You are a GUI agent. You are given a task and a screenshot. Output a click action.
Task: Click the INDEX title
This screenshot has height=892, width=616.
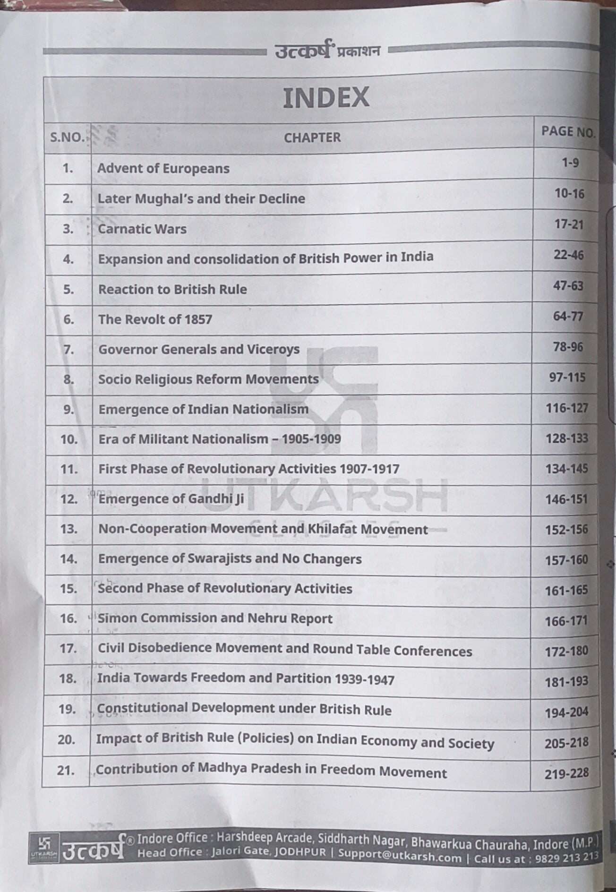pyautogui.click(x=325, y=98)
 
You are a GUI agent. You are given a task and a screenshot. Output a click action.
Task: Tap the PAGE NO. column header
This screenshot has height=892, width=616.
pyautogui.click(x=568, y=132)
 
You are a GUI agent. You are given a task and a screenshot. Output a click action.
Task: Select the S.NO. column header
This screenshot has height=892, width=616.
pyautogui.click(x=68, y=137)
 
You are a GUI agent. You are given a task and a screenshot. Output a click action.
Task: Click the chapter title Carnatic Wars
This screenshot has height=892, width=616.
pyautogui.click(x=142, y=229)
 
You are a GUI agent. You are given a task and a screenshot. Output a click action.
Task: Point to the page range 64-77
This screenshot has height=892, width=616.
pyautogui.click(x=568, y=316)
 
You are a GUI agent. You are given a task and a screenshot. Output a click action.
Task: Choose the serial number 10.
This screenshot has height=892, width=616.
pyautogui.click(x=69, y=439)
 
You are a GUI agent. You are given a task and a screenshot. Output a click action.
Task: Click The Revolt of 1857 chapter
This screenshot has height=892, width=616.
pyautogui.click(x=155, y=319)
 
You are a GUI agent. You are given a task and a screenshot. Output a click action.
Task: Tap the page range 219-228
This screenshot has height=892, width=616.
pyautogui.click(x=566, y=773)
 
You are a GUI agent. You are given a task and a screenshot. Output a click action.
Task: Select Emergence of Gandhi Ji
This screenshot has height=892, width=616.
pyautogui.click(x=171, y=499)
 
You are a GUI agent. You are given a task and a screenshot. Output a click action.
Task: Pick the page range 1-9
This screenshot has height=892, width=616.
pyautogui.click(x=570, y=163)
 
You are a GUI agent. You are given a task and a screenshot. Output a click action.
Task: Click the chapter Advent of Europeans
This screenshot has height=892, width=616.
pyautogui.click(x=163, y=169)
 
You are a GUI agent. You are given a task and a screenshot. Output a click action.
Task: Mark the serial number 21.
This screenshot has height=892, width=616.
pyautogui.click(x=66, y=771)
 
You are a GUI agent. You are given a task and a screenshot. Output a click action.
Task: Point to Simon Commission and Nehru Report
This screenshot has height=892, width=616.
pyautogui.click(x=215, y=618)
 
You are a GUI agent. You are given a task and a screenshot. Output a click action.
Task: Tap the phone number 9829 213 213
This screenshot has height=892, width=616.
pyautogui.click(x=566, y=857)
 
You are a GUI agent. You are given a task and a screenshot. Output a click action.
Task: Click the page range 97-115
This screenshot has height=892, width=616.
pyautogui.click(x=567, y=377)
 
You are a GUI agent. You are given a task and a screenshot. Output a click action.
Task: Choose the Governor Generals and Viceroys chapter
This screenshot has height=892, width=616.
pyautogui.click(x=199, y=350)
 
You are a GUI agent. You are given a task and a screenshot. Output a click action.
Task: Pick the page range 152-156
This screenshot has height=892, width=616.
pyautogui.click(x=566, y=530)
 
